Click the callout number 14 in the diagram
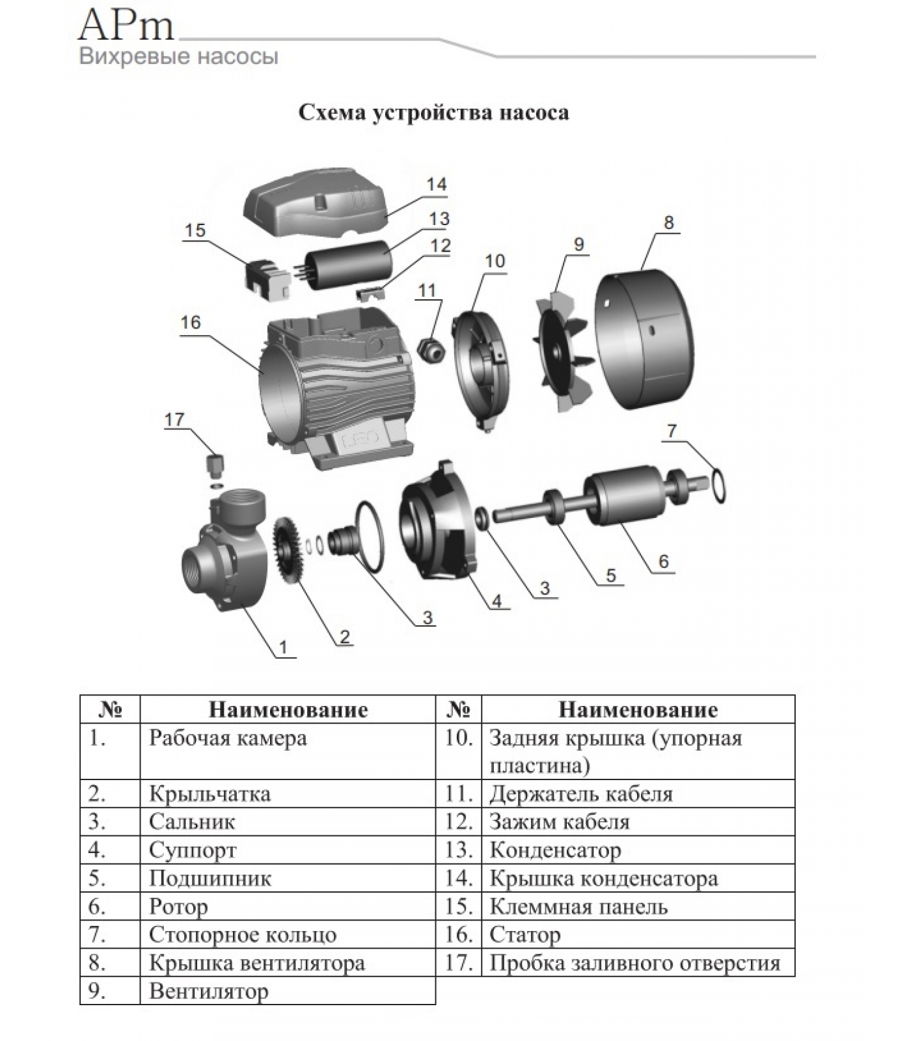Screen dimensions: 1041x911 click(436, 185)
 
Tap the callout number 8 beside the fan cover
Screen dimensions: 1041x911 click(668, 223)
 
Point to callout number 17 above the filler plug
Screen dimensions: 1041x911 click(174, 420)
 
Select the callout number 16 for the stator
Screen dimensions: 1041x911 click(191, 323)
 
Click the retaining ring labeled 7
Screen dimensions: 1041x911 click(718, 485)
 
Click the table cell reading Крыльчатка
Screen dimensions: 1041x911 click(210, 794)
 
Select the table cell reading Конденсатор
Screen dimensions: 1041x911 click(555, 850)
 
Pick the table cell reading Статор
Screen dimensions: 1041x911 click(524, 935)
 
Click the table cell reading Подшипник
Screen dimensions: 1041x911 click(210, 878)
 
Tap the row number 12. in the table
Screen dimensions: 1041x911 click(458, 822)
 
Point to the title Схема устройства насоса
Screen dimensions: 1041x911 click(433, 113)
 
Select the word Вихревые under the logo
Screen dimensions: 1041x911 click(125, 57)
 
